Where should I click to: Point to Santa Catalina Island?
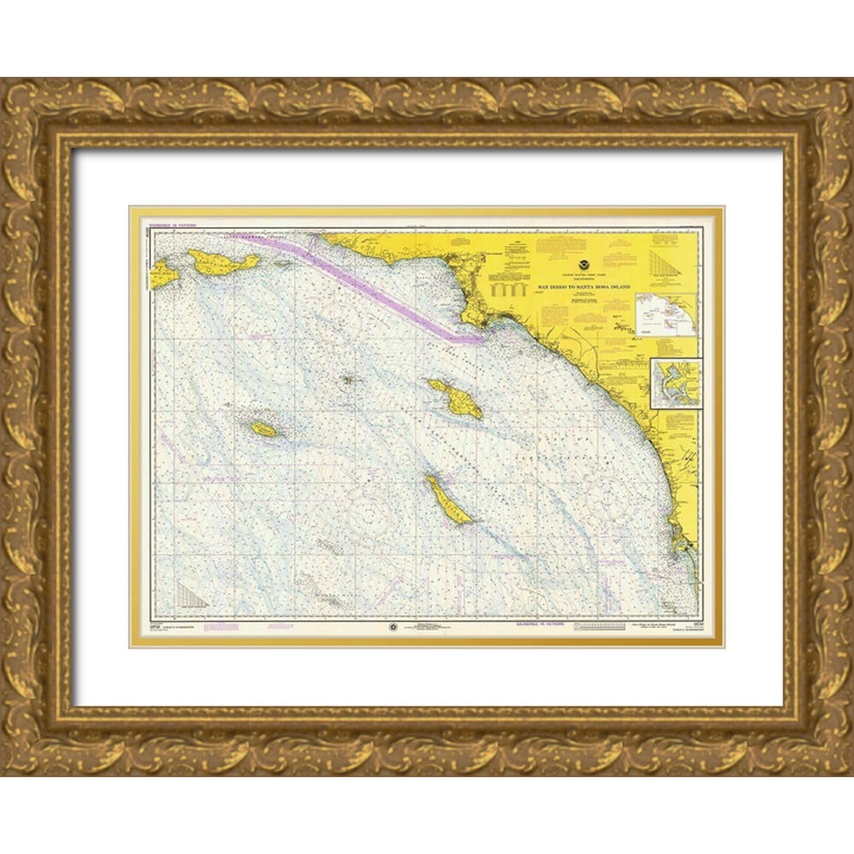click(x=456, y=398)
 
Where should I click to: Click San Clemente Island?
click(x=448, y=501)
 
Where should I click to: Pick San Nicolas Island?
click(x=264, y=429)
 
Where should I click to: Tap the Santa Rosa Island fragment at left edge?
click(x=164, y=274)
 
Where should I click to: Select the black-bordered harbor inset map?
click(x=676, y=383)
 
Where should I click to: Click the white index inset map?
click(x=666, y=313)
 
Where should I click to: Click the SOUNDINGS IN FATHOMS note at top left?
click(x=174, y=226)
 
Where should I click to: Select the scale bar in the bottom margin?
click(x=602, y=626)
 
